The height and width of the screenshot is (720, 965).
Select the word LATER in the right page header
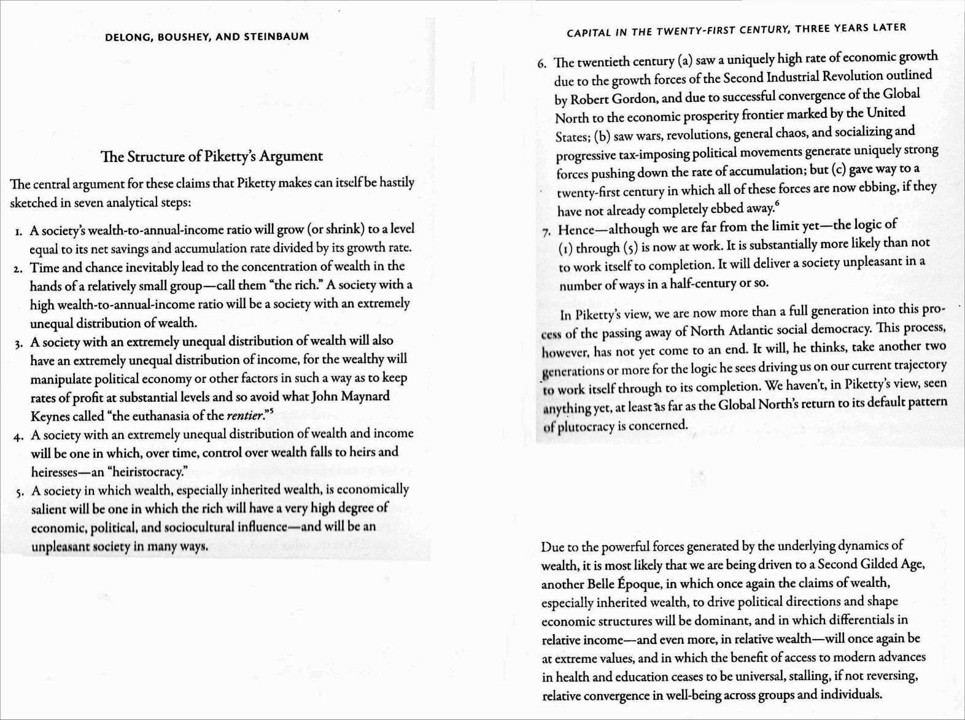pos(890,28)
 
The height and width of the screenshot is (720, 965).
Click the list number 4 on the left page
pos(19,436)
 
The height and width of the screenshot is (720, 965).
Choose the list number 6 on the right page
pos(541,64)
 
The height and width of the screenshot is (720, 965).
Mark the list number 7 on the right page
pos(546,232)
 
